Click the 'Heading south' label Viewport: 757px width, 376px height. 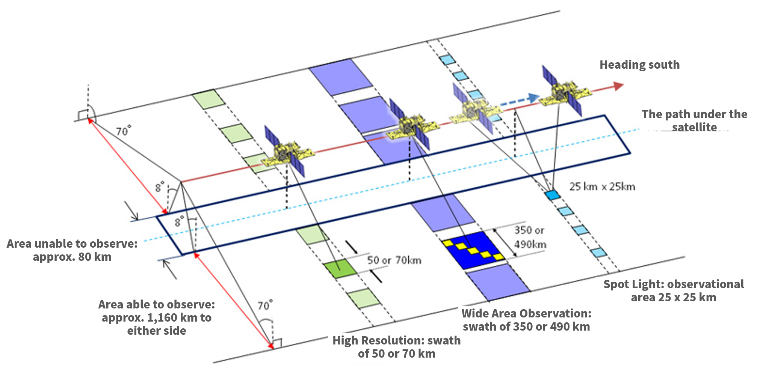point(639,65)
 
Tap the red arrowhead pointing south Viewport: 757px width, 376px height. point(618,86)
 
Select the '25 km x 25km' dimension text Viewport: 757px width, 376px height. point(602,186)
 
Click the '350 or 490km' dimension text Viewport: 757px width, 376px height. point(530,237)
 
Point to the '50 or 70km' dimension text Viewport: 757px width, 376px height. point(394,260)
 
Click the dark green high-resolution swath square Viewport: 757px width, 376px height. point(340,269)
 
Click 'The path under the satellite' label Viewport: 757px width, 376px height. point(694,120)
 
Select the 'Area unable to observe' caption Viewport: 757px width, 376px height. point(72,250)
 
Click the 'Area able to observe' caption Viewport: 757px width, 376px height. point(157,317)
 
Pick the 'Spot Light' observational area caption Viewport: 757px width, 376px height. point(674,291)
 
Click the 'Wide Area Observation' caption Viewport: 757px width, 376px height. point(526,320)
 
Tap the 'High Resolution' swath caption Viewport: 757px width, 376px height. point(397,347)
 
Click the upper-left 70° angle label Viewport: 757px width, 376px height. point(124,131)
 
